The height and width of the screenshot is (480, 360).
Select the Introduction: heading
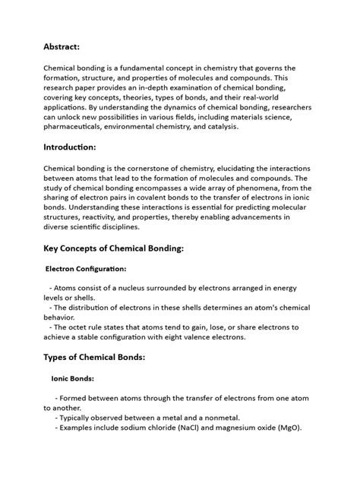pyautogui.click(x=72, y=147)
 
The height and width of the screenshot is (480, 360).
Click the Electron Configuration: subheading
pyautogui.click(x=86, y=268)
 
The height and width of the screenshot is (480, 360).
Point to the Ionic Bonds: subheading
pyautogui.click(x=72, y=378)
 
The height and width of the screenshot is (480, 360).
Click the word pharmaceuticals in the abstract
pyautogui.click(x=77, y=127)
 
